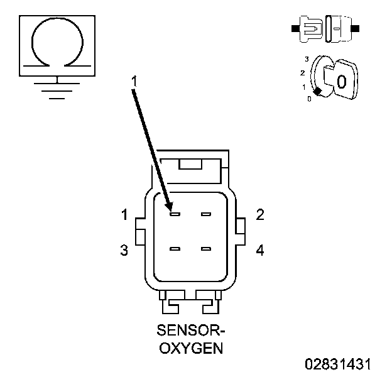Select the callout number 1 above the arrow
tap(134, 81)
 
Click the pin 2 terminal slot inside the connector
tap(205, 215)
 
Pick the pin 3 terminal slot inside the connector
tap(175, 249)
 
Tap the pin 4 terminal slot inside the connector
tap(205, 249)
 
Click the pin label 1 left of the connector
tap(124, 216)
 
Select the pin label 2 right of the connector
tap(259, 215)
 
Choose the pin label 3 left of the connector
tap(124, 251)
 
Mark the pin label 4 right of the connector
tap(259, 251)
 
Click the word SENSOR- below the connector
tap(190, 331)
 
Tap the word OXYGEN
tap(190, 347)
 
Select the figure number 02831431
tap(339, 364)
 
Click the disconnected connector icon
tap(325, 29)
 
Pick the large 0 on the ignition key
tap(341, 81)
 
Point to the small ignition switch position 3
tap(306, 59)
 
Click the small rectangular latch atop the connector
tap(190, 164)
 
